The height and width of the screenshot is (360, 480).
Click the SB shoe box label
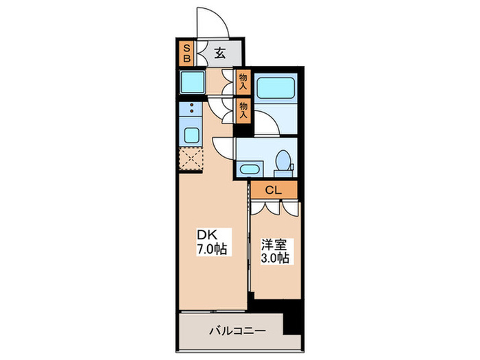click(x=185, y=53)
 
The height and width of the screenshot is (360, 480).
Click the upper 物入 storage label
click(x=243, y=82)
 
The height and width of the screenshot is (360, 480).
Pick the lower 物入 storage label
click(x=243, y=108)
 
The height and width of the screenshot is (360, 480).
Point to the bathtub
click(x=276, y=89)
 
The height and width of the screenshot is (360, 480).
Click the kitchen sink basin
click(x=191, y=133)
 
